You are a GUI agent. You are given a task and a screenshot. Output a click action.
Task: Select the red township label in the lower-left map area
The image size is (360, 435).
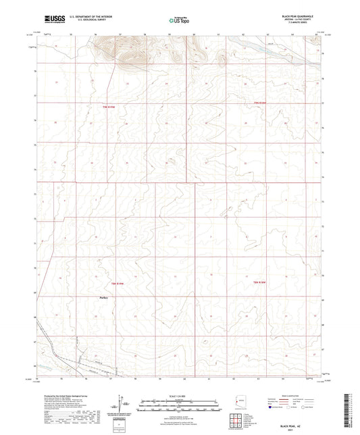point(119,284)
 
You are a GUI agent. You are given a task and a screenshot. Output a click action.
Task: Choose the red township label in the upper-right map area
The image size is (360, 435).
point(271,103)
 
